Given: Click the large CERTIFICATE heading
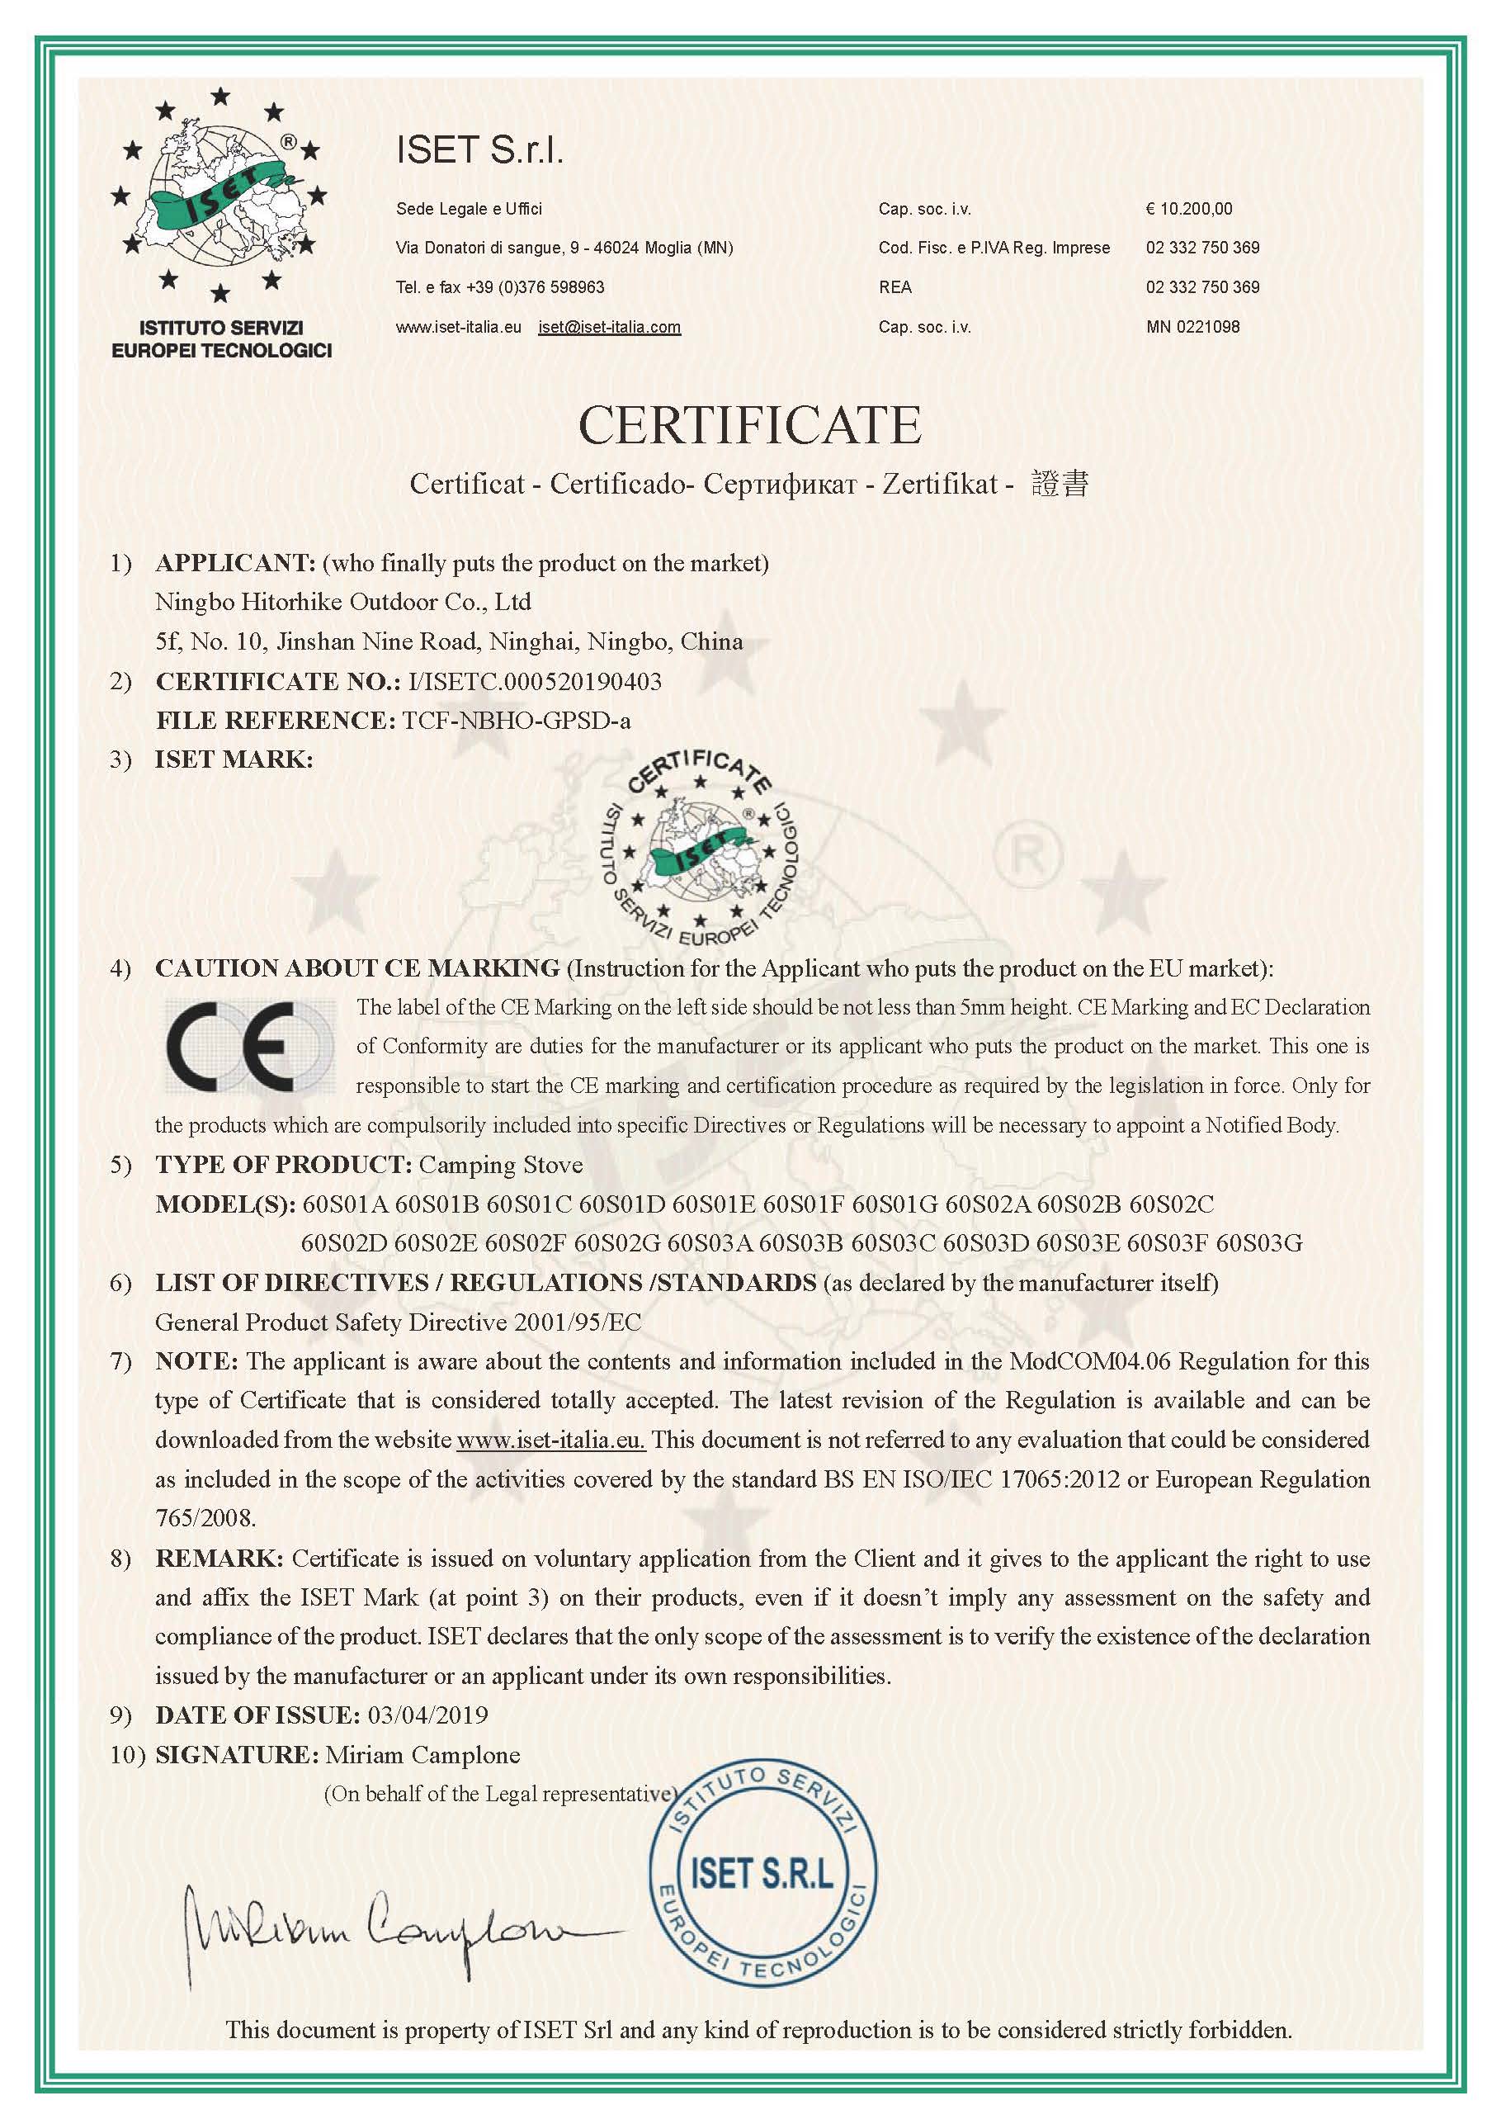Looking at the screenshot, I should (x=749, y=424).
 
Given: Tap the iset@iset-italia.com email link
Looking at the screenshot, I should (x=610, y=327).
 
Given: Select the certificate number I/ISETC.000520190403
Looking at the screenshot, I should (x=535, y=682).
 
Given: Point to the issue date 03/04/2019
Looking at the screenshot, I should (x=427, y=1715).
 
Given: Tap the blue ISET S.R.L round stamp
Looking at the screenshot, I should (x=761, y=1876).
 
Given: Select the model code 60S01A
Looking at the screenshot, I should (x=344, y=1204).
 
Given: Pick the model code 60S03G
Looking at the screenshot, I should (x=1258, y=1243).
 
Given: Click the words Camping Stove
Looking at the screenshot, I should (x=500, y=1165).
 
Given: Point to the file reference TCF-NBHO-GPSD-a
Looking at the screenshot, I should (x=517, y=721).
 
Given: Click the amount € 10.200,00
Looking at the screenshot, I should (x=1188, y=209).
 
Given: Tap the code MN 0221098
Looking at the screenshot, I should (x=1192, y=327).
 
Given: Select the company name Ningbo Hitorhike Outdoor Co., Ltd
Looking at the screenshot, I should (x=343, y=603).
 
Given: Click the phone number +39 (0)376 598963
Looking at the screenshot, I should (x=536, y=288).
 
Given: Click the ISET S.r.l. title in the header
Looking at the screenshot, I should (x=479, y=150).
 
